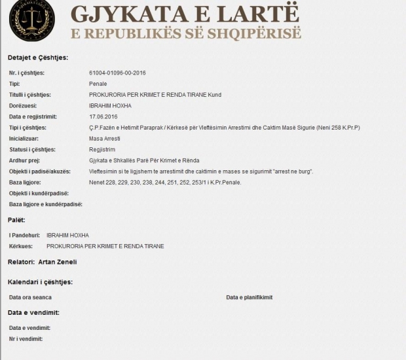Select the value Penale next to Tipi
(x=98, y=83)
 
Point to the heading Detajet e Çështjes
(x=38, y=58)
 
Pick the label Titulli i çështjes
(x=30, y=94)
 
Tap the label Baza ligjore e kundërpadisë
(x=45, y=204)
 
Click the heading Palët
(x=16, y=219)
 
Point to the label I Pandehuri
(x=24, y=235)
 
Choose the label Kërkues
(x=20, y=246)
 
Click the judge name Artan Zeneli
(x=58, y=262)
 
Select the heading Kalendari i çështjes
(x=40, y=282)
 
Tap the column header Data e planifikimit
(x=249, y=297)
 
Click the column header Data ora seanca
(x=30, y=297)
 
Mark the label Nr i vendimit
(x=26, y=338)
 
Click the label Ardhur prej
(x=24, y=160)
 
